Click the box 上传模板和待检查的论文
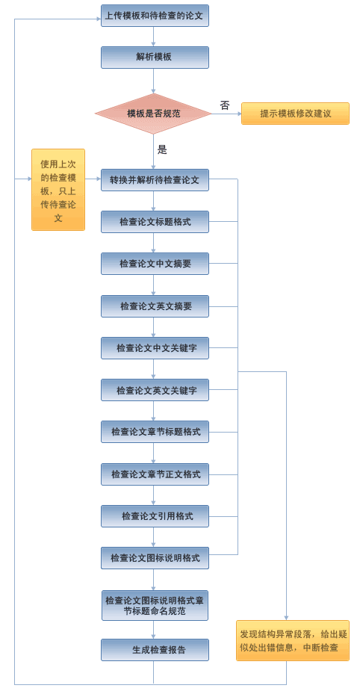(155, 16)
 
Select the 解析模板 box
(155, 58)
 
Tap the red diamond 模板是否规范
(153, 114)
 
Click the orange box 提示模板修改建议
(295, 114)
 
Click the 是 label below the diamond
(162, 149)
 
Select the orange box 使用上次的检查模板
(58, 190)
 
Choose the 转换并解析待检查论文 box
(155, 180)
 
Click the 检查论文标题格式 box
(155, 222)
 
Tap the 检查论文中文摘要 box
(155, 264)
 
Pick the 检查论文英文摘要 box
(155, 306)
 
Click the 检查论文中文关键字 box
(155, 348)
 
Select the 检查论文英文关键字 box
(155, 390)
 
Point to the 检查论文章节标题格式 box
(155, 432)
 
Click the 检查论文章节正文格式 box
(155, 474)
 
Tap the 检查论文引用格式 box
(155, 516)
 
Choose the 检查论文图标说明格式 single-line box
(155, 558)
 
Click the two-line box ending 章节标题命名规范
(155, 605)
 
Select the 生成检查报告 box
(155, 650)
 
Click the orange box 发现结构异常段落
(293, 641)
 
